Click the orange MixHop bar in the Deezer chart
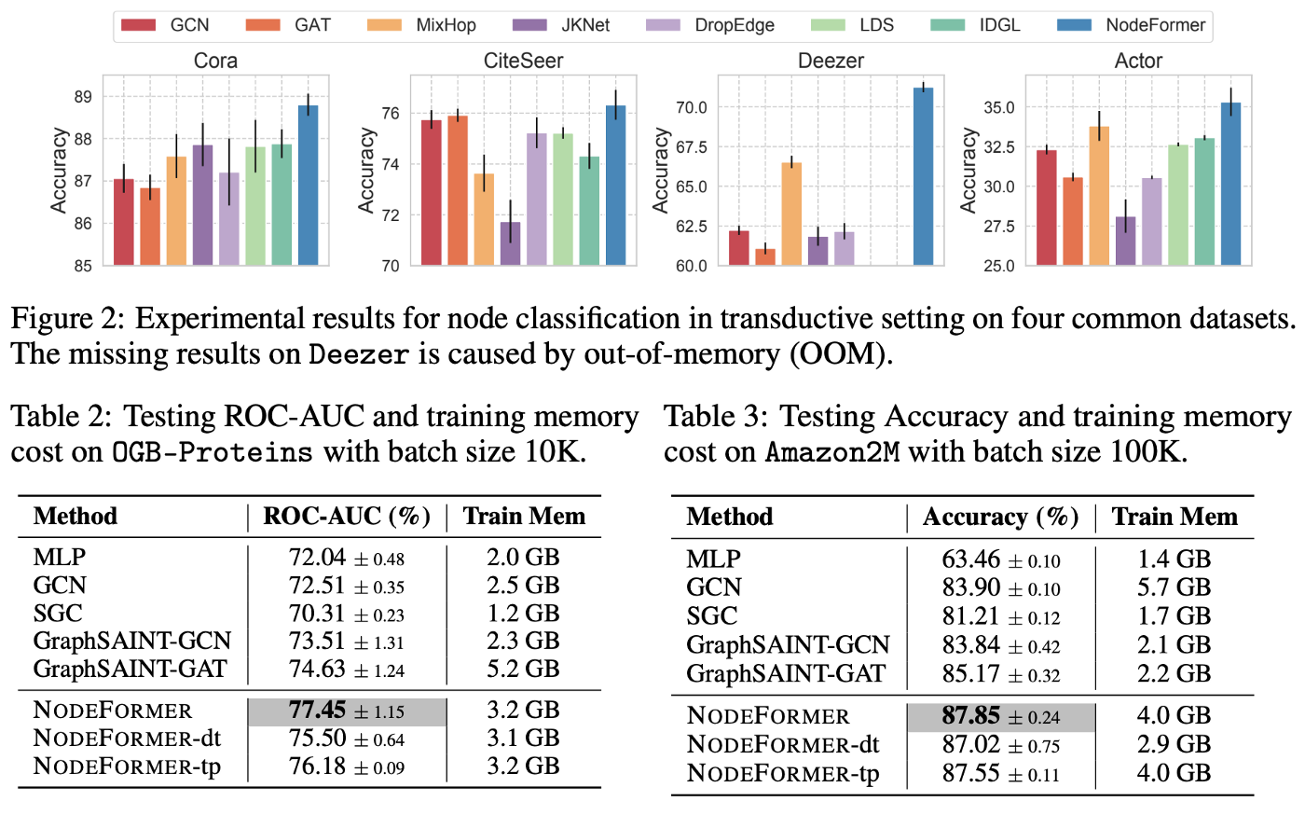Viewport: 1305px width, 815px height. click(791, 214)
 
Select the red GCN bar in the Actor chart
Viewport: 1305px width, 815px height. click(1047, 207)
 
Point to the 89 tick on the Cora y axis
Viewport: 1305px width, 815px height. click(82, 97)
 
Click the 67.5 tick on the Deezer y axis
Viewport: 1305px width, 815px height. click(691, 147)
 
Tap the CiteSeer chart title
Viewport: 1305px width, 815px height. click(523, 61)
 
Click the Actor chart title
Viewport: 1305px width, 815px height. click(1138, 61)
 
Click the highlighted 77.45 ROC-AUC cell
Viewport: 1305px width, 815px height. click(347, 711)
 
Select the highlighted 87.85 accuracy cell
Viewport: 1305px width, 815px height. click(1000, 716)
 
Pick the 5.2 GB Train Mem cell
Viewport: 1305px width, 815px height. click(523, 669)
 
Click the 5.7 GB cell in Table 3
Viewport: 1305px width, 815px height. click(1174, 587)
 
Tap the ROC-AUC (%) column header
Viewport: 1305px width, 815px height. click(347, 517)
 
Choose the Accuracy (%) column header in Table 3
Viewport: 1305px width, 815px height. click(1000, 518)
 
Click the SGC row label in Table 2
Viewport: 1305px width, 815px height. click(58, 614)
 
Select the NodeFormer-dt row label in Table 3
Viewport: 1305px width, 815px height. click(783, 745)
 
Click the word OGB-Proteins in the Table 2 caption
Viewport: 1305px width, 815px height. click(212, 453)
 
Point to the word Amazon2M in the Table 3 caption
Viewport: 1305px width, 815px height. click(832, 453)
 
